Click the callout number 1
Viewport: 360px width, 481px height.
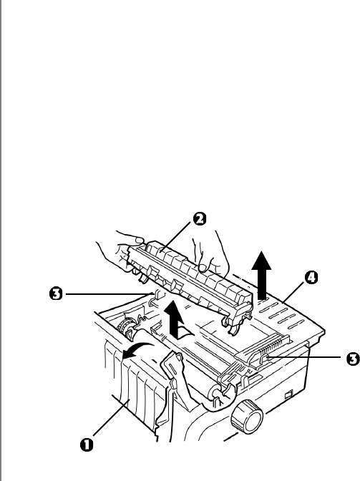coord(87,444)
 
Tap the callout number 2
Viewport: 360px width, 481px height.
coord(200,219)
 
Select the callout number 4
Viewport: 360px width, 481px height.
coord(311,278)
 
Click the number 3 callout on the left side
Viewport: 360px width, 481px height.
coord(56,294)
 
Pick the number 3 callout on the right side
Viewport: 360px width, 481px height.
coord(353,359)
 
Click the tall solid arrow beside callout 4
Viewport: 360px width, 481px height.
coord(261,275)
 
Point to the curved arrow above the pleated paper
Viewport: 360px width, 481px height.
coord(138,350)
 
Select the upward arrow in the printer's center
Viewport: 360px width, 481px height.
coord(174,319)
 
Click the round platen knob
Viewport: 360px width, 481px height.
coord(247,417)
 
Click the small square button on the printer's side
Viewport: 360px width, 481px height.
coord(288,394)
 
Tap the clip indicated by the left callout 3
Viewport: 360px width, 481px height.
coord(157,297)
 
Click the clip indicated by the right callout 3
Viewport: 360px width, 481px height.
coord(264,359)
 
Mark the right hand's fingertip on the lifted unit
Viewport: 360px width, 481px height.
coord(203,268)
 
